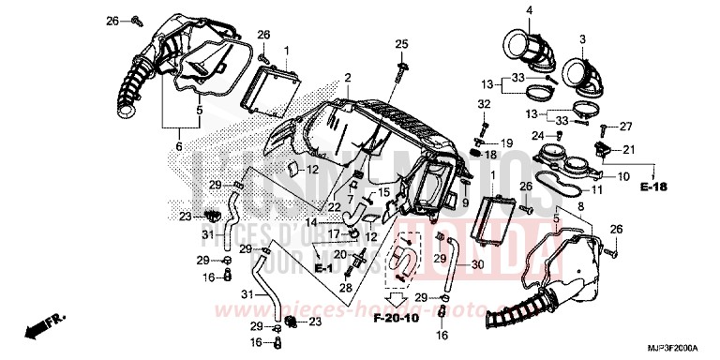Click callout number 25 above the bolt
401,44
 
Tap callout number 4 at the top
528,10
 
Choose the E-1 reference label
324,268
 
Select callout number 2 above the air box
347,77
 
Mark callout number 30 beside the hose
476,264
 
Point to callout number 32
484,103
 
